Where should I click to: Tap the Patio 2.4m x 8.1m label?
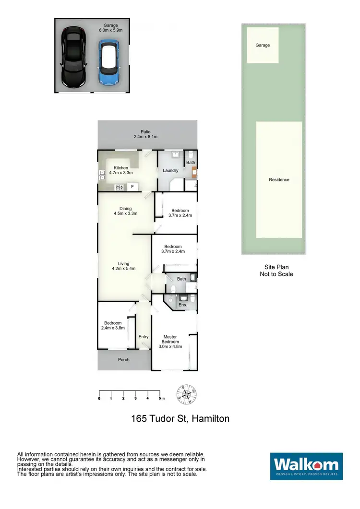[x=145, y=134]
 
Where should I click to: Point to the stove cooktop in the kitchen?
[x=119, y=187]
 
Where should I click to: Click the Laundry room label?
[x=170, y=170]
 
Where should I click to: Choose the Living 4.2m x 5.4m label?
[x=124, y=266]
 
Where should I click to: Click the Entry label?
[x=144, y=337]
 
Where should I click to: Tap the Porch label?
[x=123, y=359]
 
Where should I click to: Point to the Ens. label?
[x=182, y=305]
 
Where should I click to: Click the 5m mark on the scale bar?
[x=161, y=398]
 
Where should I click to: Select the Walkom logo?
[x=306, y=465]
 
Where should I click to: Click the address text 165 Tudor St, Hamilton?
[x=180, y=418]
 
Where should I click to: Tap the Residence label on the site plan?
[x=279, y=180]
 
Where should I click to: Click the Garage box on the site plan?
[x=263, y=45]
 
